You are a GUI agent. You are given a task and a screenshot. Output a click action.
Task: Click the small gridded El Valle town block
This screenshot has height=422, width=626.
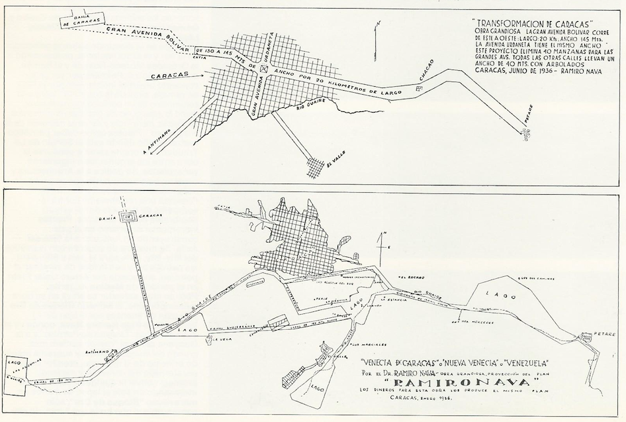coord(315,166)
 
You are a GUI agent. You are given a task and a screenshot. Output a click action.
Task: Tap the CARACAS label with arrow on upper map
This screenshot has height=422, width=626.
coord(165,76)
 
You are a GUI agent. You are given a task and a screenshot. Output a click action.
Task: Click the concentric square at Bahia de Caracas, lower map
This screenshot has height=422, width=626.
coord(127,217)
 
